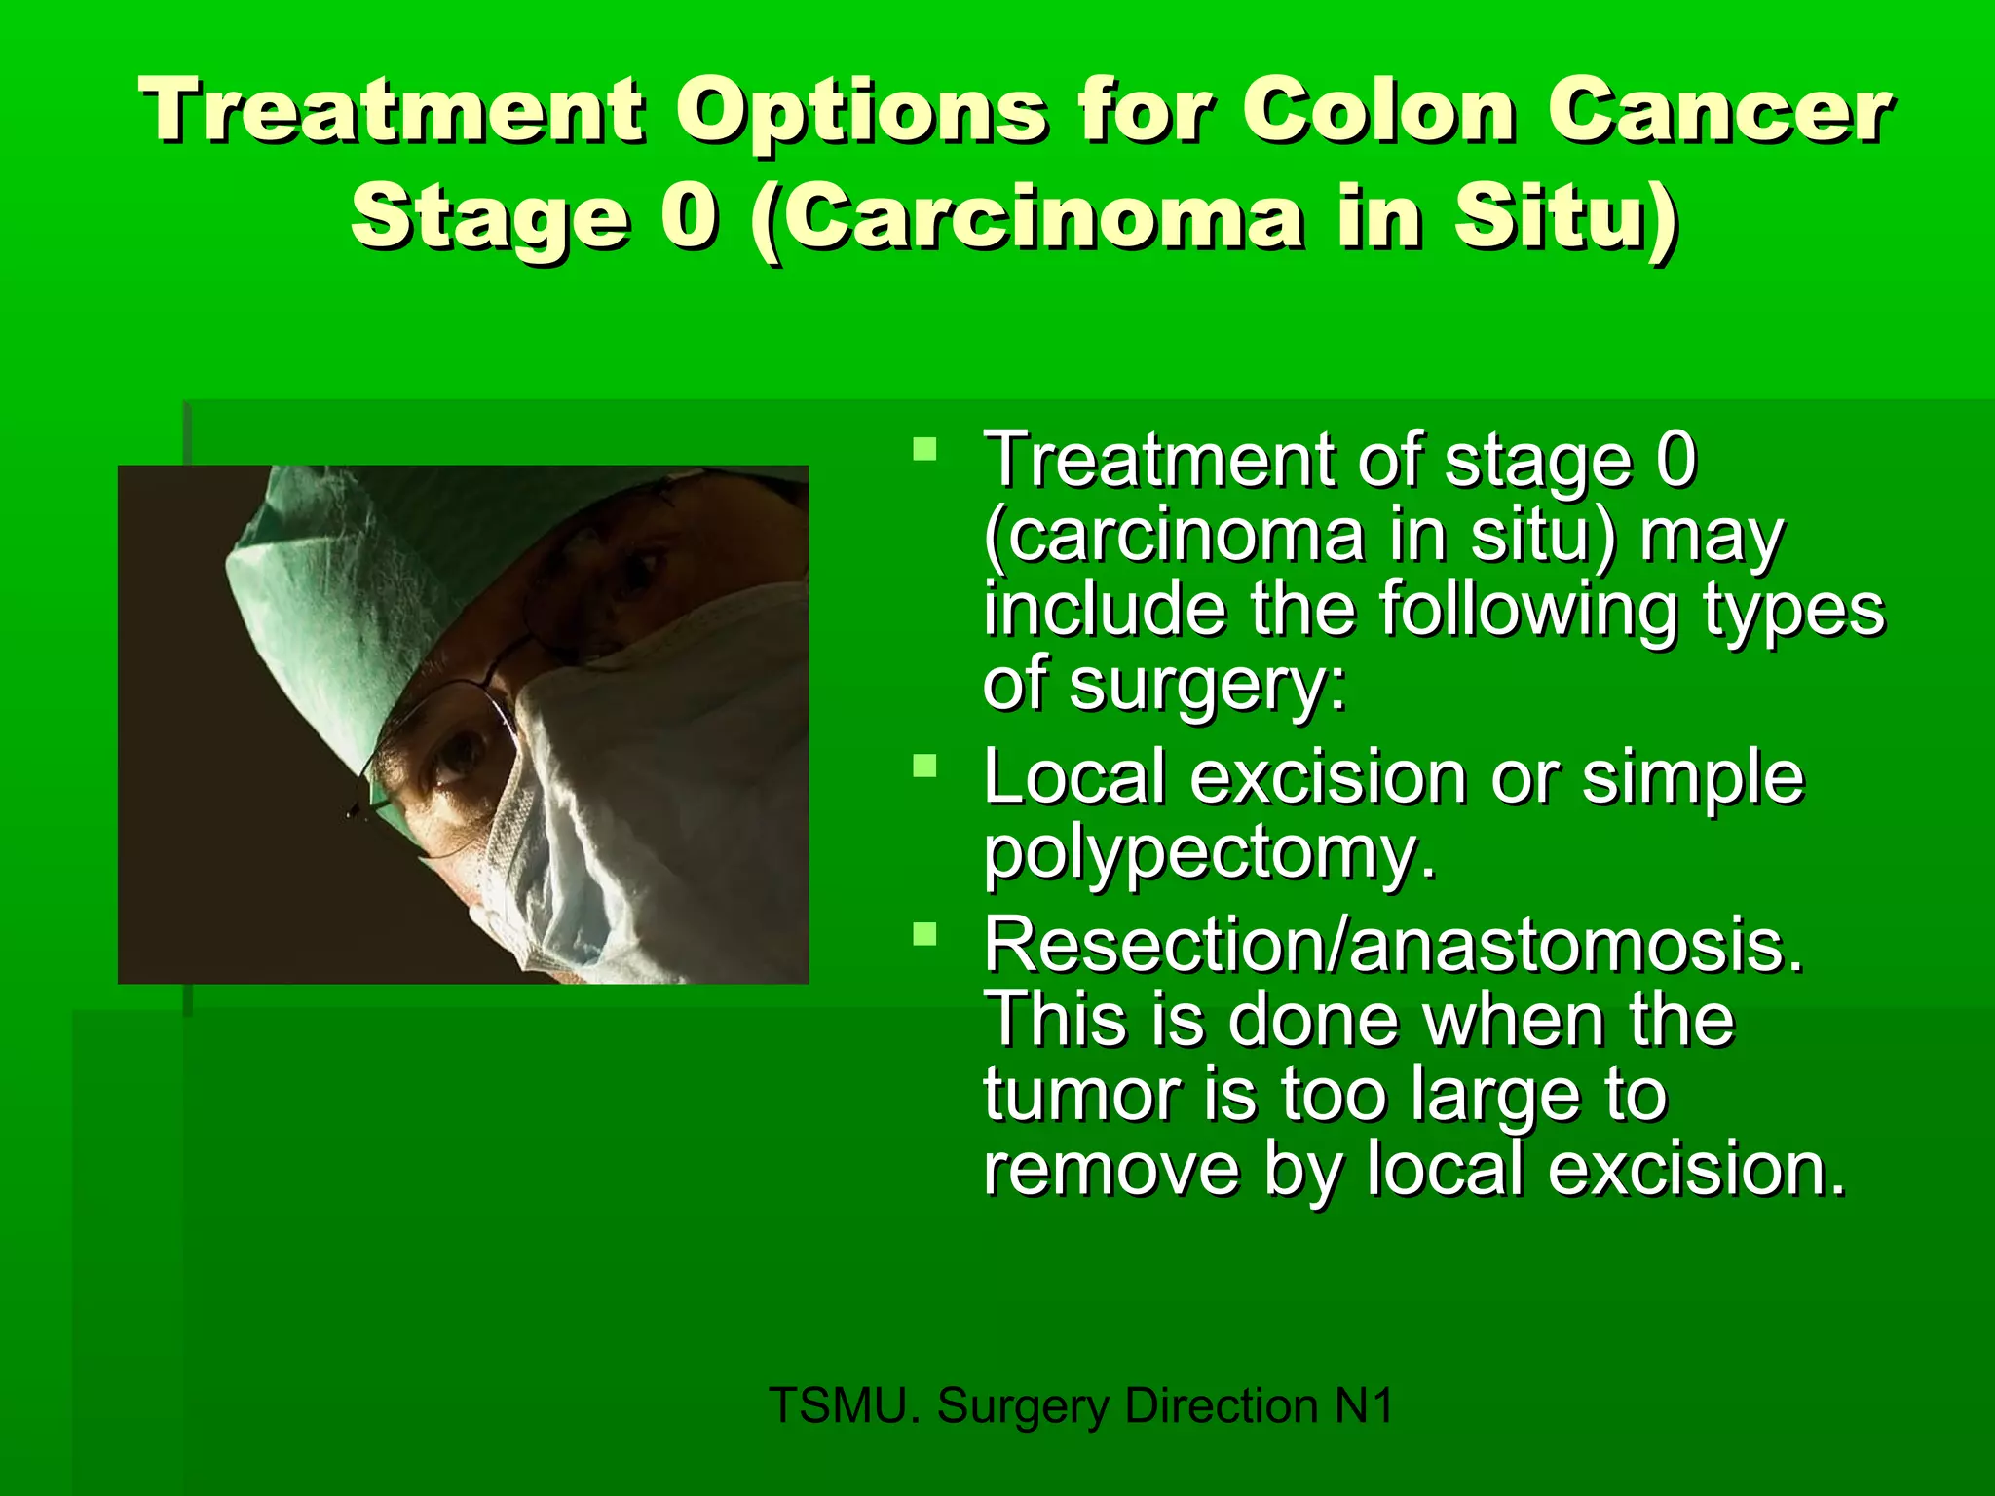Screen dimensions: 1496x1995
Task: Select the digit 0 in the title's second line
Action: click(x=690, y=216)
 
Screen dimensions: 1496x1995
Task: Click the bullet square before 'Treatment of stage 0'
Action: click(x=924, y=450)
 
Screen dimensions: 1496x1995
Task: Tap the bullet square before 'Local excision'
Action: click(x=924, y=767)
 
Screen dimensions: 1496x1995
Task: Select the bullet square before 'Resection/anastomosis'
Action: click(x=924, y=936)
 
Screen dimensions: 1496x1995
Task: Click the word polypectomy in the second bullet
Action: click(x=1208, y=853)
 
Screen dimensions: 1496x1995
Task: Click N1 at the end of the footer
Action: click(x=1364, y=1405)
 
